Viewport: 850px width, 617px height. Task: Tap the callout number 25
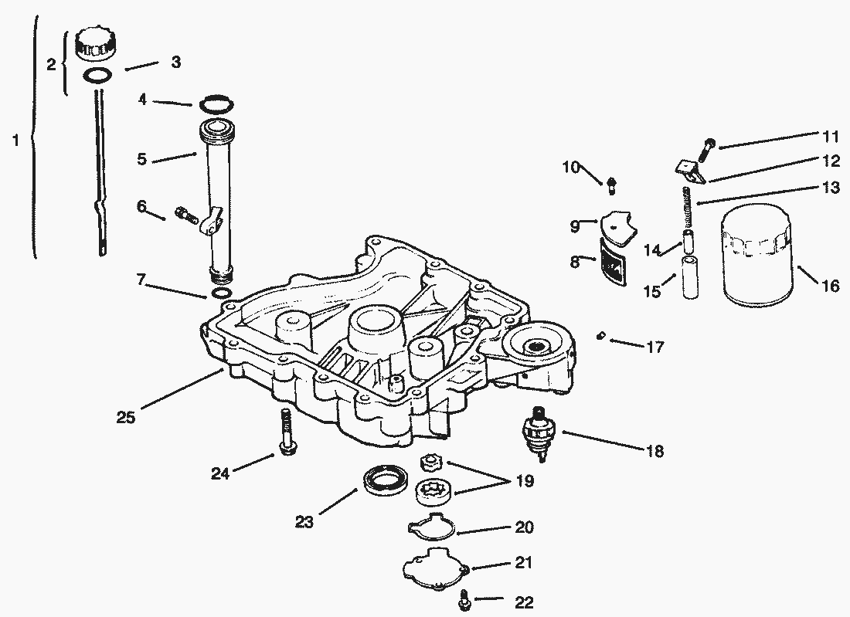click(125, 417)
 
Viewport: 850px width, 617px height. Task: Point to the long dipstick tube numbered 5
click(219, 197)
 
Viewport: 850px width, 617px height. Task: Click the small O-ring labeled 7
click(220, 293)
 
